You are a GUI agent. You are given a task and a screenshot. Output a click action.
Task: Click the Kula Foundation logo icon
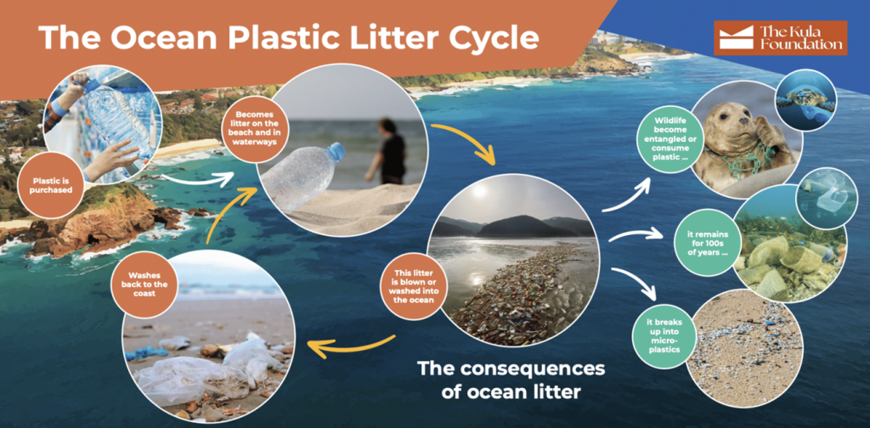[x=737, y=37]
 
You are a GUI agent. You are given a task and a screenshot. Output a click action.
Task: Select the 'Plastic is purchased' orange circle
[x=50, y=185]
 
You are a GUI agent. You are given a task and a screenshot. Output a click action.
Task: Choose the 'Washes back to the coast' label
[x=144, y=284]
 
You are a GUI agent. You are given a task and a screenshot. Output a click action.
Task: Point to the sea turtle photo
[x=805, y=100]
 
